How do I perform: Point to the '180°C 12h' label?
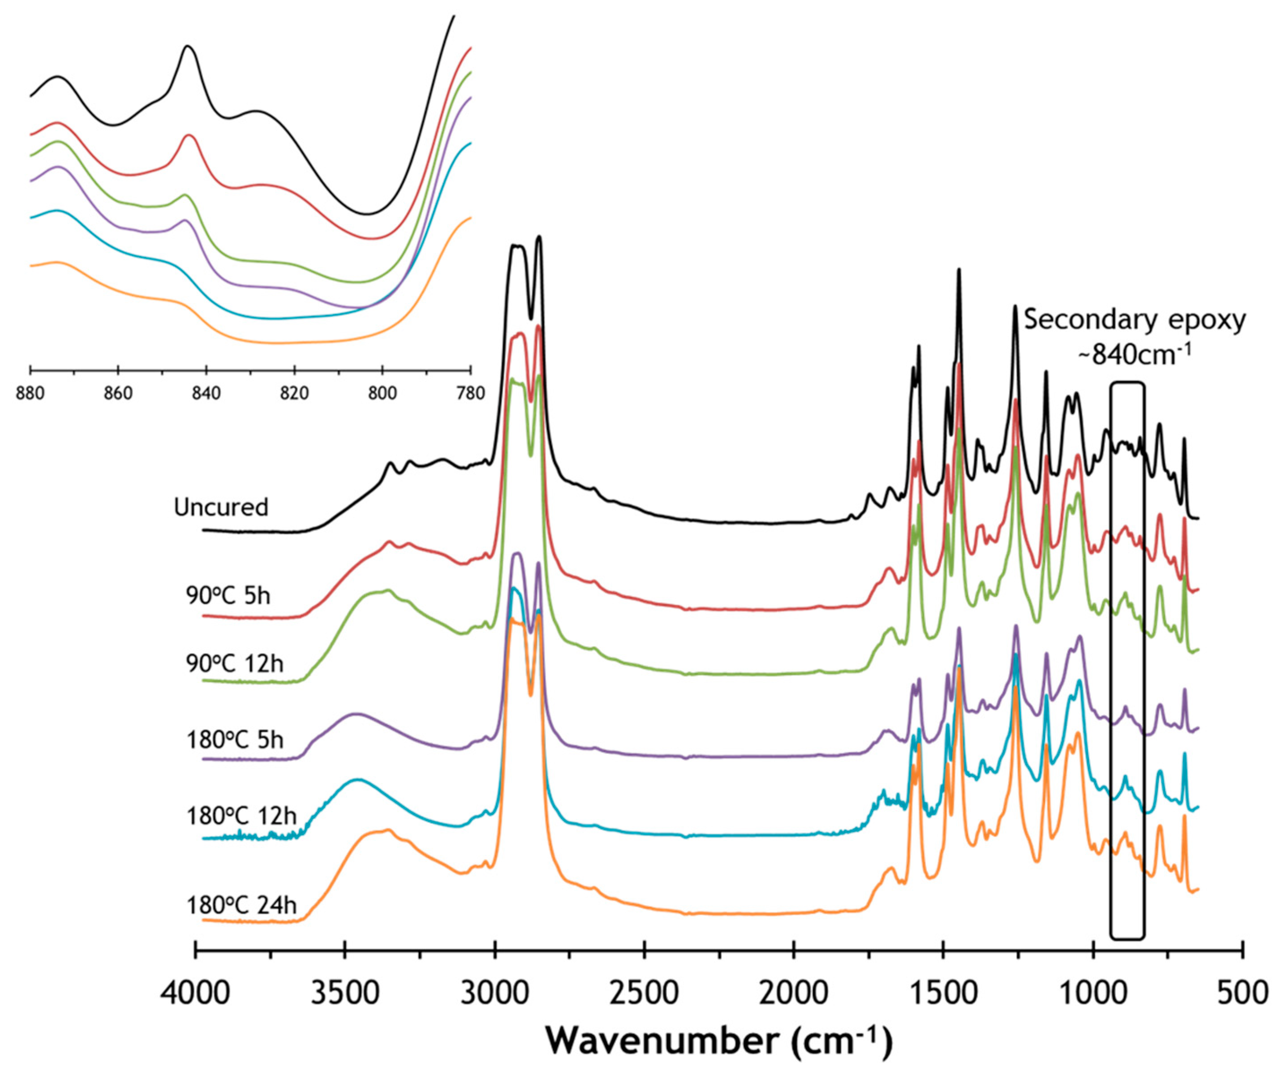241,816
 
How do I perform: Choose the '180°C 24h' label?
241,905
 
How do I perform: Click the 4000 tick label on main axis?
195,993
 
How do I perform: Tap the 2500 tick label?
644,993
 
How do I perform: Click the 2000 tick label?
794,993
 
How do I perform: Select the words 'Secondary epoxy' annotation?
1135,320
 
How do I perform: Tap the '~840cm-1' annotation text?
1135,354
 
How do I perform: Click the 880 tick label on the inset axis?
30,393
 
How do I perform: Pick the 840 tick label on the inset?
206,393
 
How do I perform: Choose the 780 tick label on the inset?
470,393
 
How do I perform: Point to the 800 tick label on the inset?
382,393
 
